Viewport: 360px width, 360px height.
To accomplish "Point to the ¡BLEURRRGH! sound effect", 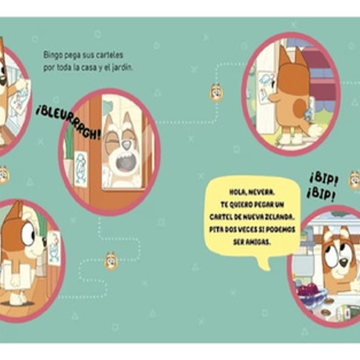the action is point(69,123).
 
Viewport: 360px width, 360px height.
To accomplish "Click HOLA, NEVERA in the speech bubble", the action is point(252,192).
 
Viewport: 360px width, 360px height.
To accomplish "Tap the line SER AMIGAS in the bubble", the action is point(252,242).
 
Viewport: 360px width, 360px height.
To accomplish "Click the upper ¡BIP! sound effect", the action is point(324,179).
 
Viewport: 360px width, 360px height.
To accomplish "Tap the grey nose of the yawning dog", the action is point(126,145).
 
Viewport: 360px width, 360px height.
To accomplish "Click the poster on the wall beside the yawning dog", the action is point(80,168).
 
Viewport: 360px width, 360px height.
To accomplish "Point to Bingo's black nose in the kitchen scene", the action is point(343,262).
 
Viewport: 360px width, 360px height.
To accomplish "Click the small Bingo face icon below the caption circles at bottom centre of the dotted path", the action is point(111,261).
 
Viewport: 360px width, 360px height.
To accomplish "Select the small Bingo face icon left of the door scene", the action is point(216,93).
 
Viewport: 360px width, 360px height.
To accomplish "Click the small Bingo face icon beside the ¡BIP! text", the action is point(354,180).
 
